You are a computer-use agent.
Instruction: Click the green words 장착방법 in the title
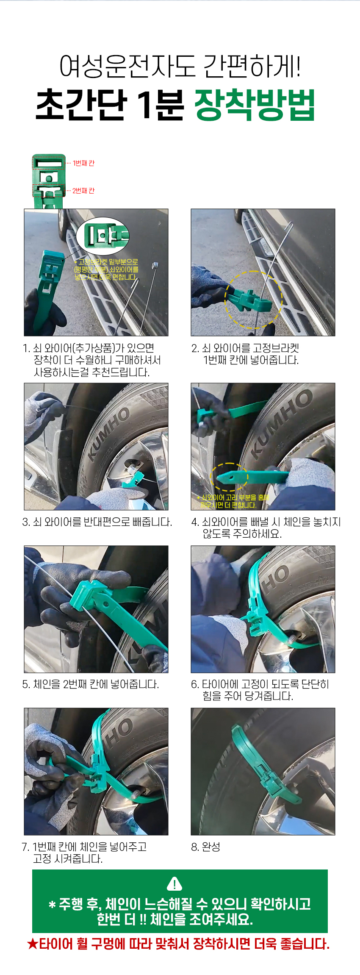tap(255, 105)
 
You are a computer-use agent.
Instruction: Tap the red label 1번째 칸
tap(83, 163)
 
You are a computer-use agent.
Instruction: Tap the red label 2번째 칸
tap(83, 191)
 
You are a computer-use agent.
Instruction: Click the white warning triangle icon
tap(174, 883)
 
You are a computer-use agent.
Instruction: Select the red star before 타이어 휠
tap(33, 944)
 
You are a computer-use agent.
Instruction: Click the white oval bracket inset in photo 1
tap(102, 236)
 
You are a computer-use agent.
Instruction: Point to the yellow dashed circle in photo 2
tap(253, 299)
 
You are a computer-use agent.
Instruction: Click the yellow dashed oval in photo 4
tap(229, 477)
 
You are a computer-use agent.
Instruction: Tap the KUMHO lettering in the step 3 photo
tap(109, 434)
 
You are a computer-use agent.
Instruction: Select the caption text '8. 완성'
tap(205, 847)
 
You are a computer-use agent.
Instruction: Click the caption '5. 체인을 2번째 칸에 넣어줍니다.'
tap(91, 684)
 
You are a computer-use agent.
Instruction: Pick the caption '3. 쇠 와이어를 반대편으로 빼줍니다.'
tap(97, 522)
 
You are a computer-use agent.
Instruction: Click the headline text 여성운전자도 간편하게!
tap(180, 67)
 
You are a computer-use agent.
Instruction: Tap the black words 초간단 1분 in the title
tap(110, 105)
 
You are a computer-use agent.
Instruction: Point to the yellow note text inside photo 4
tap(233, 501)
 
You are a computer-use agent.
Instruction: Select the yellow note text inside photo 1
tap(106, 269)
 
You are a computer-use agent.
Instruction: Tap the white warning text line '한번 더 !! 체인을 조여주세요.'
tap(175, 919)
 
